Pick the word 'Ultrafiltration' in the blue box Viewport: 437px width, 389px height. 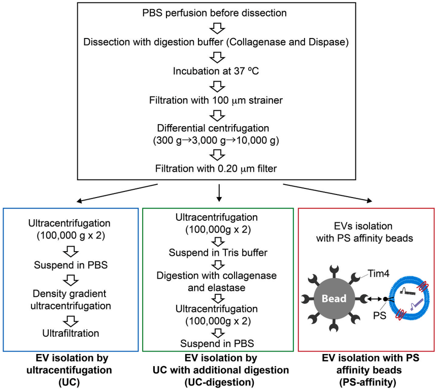71,333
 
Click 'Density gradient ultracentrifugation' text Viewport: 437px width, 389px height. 71,299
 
